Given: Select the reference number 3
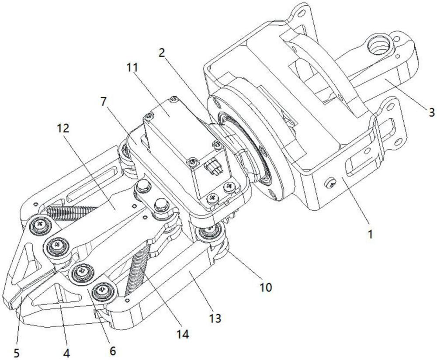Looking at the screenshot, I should click(431, 113).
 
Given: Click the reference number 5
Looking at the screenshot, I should click(17, 352).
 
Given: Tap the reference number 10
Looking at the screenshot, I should click(266, 287).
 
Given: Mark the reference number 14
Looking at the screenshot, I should click(182, 335).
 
